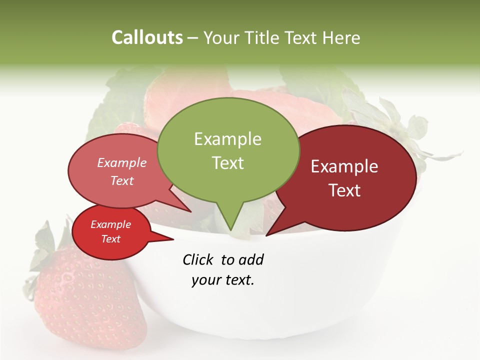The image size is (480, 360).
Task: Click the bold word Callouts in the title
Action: click(x=147, y=37)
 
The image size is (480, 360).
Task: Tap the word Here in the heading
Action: click(x=341, y=37)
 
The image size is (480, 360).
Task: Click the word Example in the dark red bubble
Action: click(x=344, y=166)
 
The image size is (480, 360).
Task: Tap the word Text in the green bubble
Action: click(x=228, y=163)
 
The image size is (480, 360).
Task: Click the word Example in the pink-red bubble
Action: click(x=121, y=163)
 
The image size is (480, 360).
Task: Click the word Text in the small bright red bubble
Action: click(x=110, y=239)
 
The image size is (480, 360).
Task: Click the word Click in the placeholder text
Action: click(x=199, y=259)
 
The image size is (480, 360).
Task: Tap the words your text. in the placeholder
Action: click(x=223, y=280)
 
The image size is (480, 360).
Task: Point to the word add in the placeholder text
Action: click(x=250, y=259)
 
